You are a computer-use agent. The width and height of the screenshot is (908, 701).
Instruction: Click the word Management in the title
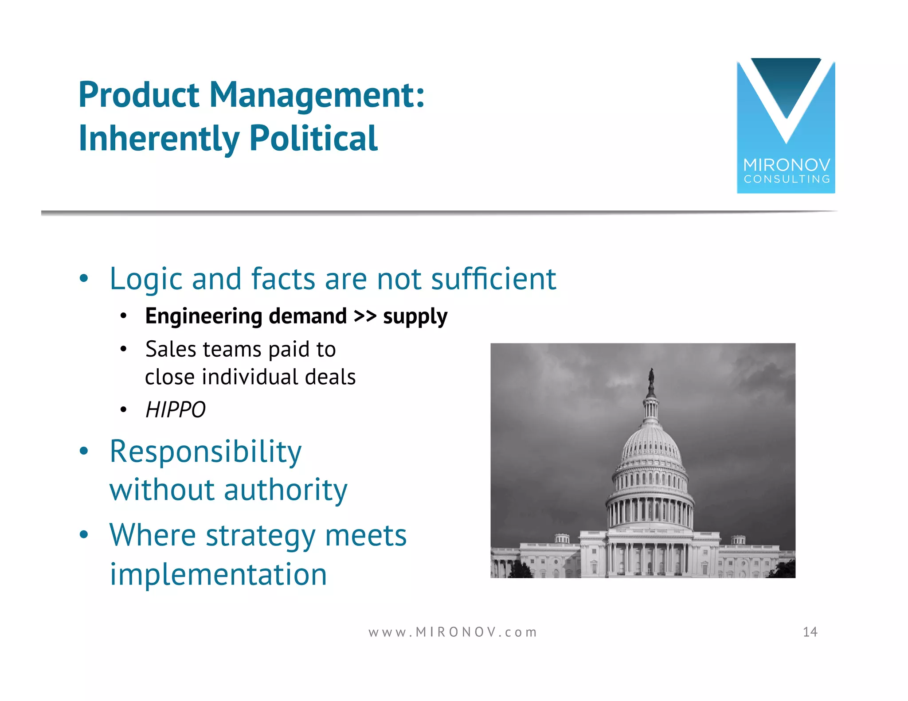coord(317,95)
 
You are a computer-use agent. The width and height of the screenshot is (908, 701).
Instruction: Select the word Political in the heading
coord(313,138)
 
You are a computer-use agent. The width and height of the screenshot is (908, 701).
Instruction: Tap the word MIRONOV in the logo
coord(787,165)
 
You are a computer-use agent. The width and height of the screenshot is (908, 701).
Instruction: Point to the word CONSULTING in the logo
coord(787,179)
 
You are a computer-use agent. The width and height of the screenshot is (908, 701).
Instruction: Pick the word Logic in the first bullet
coord(145,279)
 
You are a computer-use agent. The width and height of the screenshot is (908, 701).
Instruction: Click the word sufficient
coord(493,279)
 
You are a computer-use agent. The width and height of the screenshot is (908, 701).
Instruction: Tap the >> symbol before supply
coord(365,316)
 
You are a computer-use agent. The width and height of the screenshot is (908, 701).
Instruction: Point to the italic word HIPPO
coord(176,409)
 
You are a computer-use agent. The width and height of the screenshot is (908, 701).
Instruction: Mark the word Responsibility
coord(206,452)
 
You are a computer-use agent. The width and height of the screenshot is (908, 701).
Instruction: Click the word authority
coord(286,490)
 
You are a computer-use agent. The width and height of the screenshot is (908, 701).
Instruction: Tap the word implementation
coord(218,574)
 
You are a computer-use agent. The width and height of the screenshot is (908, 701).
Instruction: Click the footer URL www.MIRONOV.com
coord(453,632)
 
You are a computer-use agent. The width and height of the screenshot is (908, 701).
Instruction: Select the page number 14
coord(810,632)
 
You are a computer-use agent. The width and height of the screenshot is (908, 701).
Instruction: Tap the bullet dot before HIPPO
coord(124,410)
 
